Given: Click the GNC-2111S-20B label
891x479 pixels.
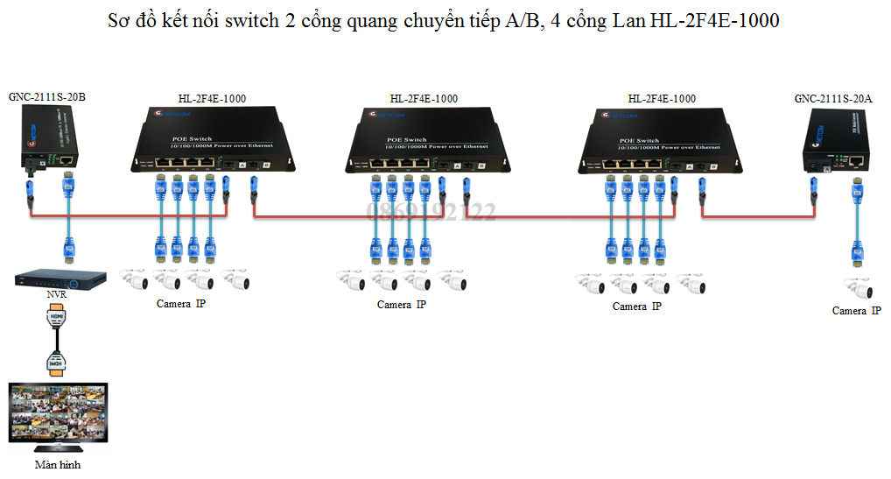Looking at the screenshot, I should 47,96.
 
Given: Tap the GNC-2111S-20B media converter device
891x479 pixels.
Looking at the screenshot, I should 49,145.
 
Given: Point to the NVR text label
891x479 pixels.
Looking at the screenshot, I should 57,295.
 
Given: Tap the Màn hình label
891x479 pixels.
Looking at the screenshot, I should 58,465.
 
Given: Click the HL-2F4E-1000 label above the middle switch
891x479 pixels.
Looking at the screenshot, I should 424,99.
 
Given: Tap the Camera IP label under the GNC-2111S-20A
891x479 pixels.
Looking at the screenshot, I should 857,311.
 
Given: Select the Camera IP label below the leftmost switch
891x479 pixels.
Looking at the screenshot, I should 181,304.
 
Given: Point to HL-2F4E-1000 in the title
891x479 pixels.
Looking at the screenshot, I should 715,21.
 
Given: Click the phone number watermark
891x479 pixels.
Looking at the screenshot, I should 431,211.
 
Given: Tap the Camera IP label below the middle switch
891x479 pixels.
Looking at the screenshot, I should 402,305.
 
